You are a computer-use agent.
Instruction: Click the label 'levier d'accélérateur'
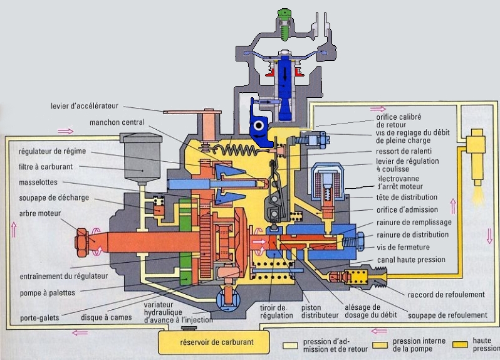tap(85, 106)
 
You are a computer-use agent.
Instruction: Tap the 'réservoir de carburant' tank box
tap(209, 342)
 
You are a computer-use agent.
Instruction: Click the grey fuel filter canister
tap(141, 155)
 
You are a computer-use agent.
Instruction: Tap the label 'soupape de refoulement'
tap(447, 315)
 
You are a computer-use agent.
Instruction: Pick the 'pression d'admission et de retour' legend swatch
tap(289, 345)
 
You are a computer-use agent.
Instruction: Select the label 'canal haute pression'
tap(411, 260)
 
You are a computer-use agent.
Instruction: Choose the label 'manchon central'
tap(117, 122)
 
